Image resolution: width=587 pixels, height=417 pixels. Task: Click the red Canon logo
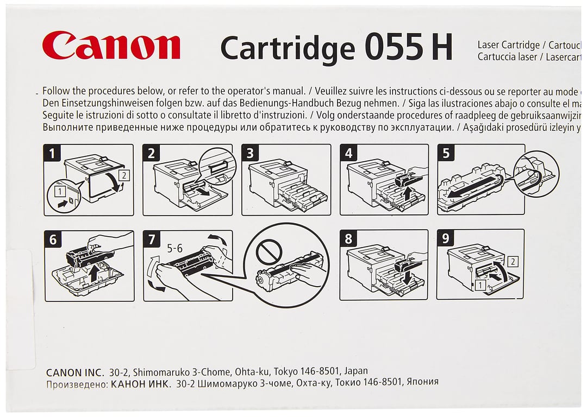pos(111,45)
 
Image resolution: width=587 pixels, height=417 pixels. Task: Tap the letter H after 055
pos(442,48)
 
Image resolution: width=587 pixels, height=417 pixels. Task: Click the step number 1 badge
pos(52,153)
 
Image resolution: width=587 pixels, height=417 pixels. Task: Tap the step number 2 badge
pos(151,153)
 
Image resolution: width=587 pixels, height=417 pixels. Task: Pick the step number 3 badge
pos(249,153)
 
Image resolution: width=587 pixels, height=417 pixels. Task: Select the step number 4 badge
pos(348,153)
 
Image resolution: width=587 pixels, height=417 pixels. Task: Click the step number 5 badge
pos(446,153)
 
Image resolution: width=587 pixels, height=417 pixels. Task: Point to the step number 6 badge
pos(52,238)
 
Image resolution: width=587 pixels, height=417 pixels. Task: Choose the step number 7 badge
pos(151,238)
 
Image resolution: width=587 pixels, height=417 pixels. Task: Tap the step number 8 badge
pos(348,238)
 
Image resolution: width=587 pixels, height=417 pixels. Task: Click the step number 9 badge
pos(446,238)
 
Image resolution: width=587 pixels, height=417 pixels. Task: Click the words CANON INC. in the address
pos(74,372)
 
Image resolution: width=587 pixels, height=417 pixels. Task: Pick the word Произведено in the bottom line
pos(76,382)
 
